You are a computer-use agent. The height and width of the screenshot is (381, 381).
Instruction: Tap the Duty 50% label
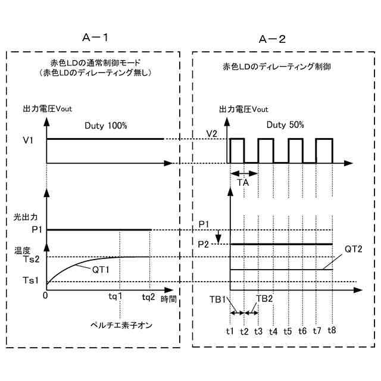285,126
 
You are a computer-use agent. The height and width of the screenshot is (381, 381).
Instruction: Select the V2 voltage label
212,133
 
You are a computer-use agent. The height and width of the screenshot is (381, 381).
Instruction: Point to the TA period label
243,183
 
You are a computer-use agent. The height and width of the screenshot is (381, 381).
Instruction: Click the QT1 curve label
101,269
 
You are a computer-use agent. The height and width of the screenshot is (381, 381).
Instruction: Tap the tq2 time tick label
148,298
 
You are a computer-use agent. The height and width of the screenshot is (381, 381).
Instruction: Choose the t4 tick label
273,330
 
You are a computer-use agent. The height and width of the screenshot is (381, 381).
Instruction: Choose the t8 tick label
332,330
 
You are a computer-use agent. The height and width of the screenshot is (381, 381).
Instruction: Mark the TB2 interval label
264,299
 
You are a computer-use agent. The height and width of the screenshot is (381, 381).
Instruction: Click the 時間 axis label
169,299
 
